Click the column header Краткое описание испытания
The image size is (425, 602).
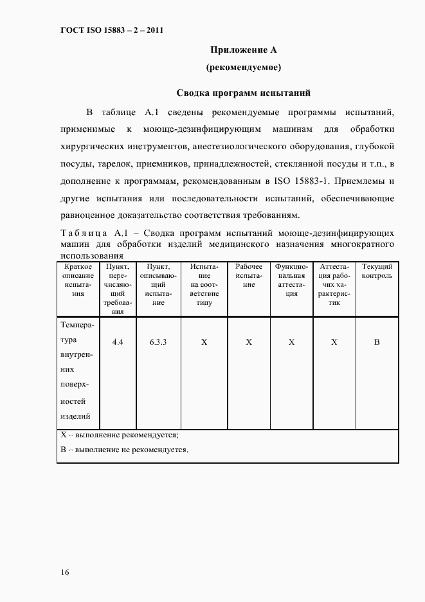point(78,280)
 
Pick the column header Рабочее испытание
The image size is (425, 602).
point(248,275)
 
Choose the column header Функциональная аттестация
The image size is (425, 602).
point(291,280)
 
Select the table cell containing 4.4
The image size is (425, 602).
point(118,342)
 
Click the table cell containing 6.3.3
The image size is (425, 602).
point(158,342)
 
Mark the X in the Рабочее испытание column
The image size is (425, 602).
point(248,342)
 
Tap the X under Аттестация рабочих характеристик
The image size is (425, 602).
point(334,342)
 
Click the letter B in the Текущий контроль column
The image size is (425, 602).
point(377,342)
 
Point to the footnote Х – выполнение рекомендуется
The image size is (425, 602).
point(120,435)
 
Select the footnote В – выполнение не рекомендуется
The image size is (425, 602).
point(124,450)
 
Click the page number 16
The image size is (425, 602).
point(66,572)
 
